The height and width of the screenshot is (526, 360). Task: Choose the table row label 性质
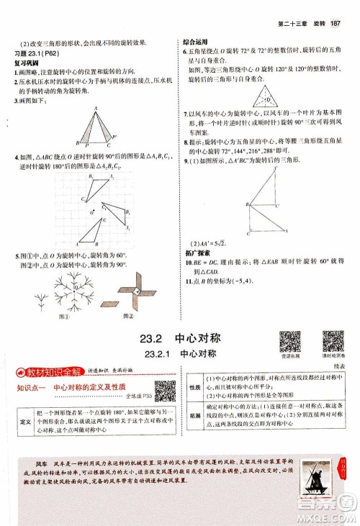click(x=194, y=387)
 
